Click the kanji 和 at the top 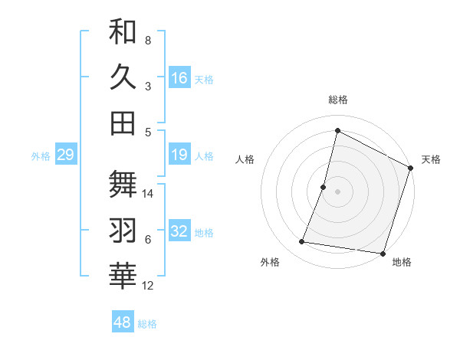(123, 32)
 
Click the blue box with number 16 (179, 77)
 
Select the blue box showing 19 (179, 155)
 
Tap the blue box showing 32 (179, 232)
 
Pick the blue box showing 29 (65, 155)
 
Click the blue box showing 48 (123, 322)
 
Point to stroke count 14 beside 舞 (149, 193)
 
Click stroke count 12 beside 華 (149, 286)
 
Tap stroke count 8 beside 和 (148, 40)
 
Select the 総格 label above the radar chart (338, 100)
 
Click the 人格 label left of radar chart (245, 159)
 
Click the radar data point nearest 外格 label (302, 242)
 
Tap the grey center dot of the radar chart (337, 191)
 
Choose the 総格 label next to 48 (147, 324)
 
